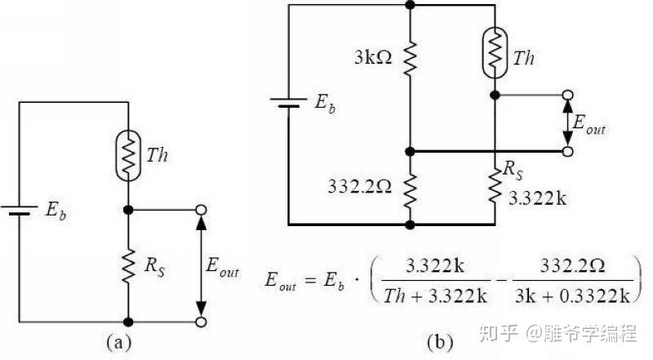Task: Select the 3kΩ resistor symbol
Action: click(x=411, y=56)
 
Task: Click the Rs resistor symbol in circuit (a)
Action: click(x=128, y=264)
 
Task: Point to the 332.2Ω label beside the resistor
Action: click(x=360, y=185)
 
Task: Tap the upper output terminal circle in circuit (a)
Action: click(x=201, y=210)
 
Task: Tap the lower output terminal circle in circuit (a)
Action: click(x=201, y=322)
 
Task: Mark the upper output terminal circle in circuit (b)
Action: click(x=566, y=95)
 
